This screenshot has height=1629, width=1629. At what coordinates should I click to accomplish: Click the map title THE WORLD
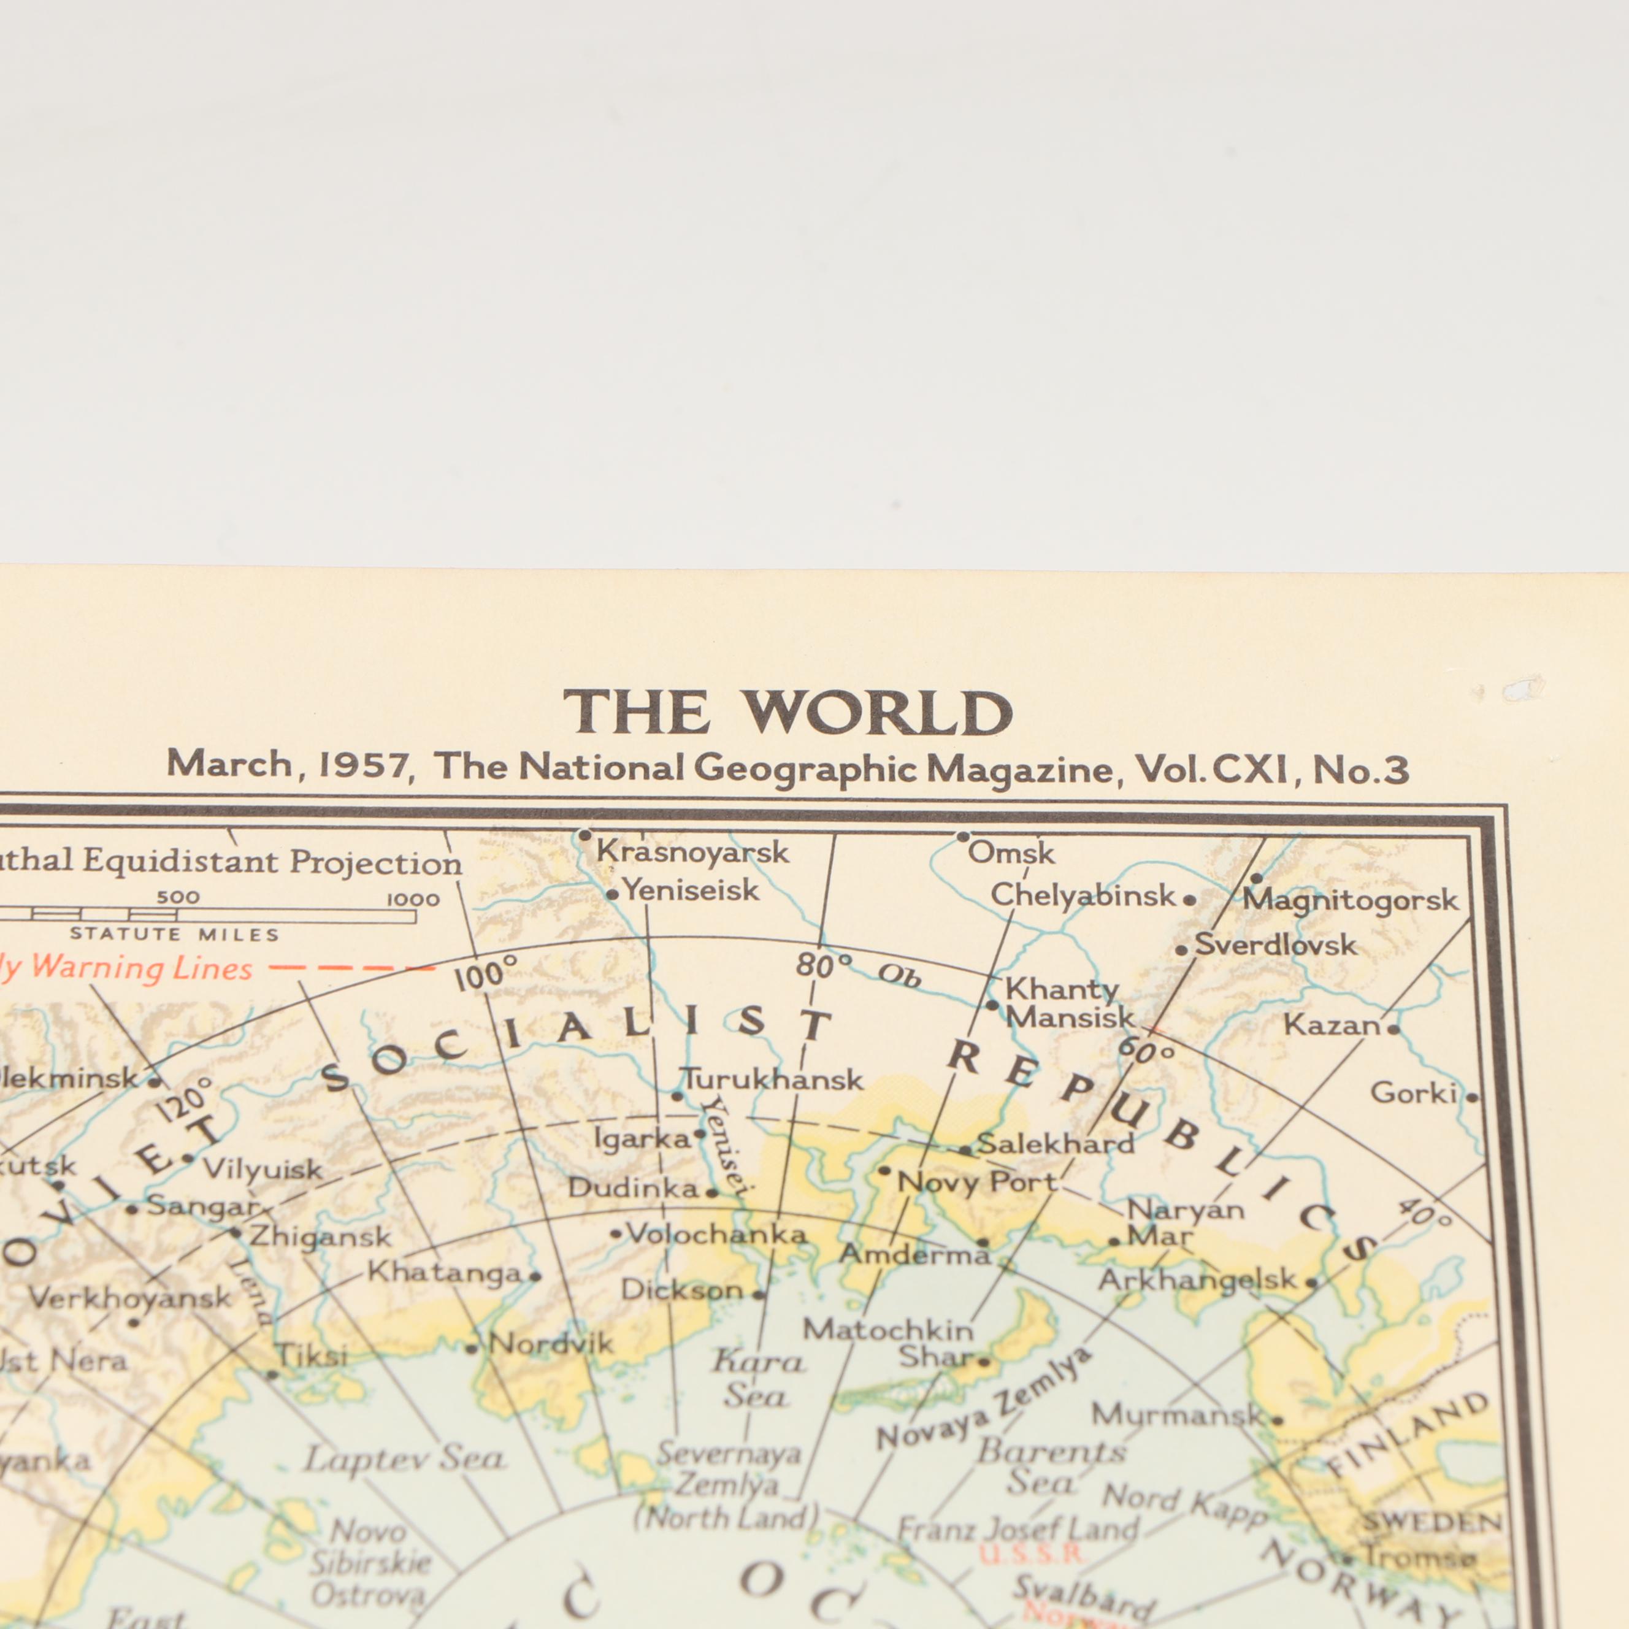coord(788,713)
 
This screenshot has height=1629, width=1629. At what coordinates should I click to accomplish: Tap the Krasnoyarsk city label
coord(692,853)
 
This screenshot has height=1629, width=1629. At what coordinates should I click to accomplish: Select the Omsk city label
coord(1011,853)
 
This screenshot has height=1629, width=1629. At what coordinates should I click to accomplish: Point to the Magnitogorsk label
coord(1350,900)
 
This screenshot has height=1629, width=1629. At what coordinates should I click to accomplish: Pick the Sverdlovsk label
coord(1276,945)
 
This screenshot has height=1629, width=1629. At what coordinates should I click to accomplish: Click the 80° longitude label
coord(824,965)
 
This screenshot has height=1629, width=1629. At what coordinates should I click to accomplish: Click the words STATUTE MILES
coord(175,934)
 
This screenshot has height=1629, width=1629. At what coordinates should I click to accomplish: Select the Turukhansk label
coord(772,1079)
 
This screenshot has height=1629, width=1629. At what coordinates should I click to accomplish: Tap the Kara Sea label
coord(758,1379)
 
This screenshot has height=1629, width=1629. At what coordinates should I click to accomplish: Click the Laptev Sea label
coord(405,1458)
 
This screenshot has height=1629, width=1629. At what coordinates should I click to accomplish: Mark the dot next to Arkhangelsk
coord(1311,1284)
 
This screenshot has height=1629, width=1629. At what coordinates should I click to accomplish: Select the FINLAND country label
coord(1409,1434)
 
